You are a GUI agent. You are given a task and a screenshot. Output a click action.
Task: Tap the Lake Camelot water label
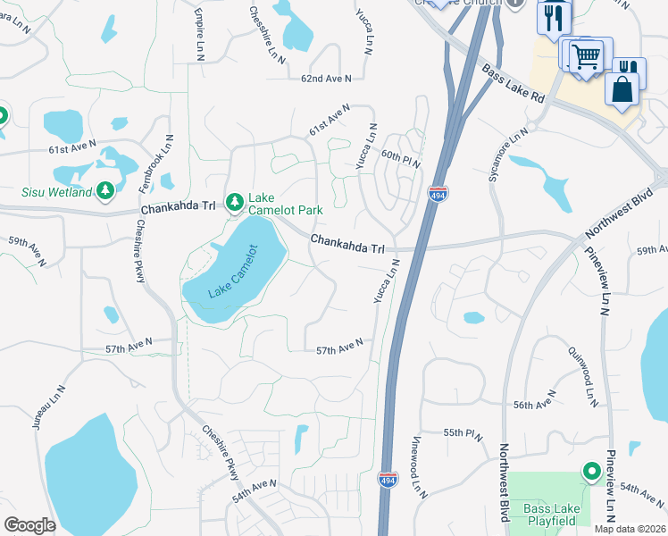[x=232, y=272]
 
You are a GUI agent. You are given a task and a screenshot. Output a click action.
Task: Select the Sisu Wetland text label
[x=57, y=192]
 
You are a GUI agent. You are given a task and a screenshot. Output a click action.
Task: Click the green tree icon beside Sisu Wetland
[x=105, y=190]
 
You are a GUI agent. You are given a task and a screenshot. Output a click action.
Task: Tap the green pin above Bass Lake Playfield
[x=589, y=470]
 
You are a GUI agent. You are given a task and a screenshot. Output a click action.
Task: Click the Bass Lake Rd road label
[x=513, y=82]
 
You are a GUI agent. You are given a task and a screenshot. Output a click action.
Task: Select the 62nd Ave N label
[x=327, y=79]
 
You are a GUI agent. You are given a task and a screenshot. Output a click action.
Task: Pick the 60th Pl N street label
[x=401, y=155]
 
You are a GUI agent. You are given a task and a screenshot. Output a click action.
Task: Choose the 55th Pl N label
[x=463, y=433]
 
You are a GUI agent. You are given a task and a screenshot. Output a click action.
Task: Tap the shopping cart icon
[x=587, y=56]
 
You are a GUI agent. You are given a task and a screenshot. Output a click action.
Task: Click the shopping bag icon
[x=622, y=90]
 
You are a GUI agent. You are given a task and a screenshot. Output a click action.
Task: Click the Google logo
[x=29, y=525]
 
